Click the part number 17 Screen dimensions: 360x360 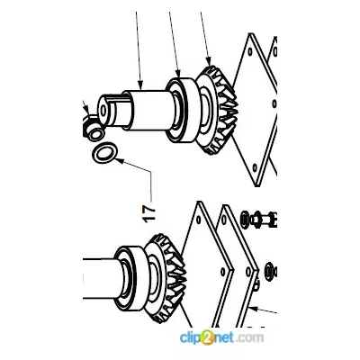pos(150,212)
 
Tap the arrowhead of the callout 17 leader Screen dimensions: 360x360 pos(119,160)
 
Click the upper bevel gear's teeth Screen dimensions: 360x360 pos(223,111)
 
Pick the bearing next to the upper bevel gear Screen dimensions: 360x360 pos(183,111)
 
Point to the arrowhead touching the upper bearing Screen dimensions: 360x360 pos(179,74)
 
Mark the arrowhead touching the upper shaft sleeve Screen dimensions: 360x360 pos(140,85)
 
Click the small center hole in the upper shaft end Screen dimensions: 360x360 pos(103,110)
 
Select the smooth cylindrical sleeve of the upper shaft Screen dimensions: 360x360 pos(147,111)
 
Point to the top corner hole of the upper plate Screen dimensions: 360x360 pos(250,50)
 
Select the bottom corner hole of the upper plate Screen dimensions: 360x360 pos(255,167)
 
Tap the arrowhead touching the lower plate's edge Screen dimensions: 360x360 pos(254,308)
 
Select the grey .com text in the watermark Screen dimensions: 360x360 pos(249,338)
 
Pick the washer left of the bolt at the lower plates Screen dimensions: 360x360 pos(245,220)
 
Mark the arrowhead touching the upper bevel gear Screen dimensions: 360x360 pos(209,61)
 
